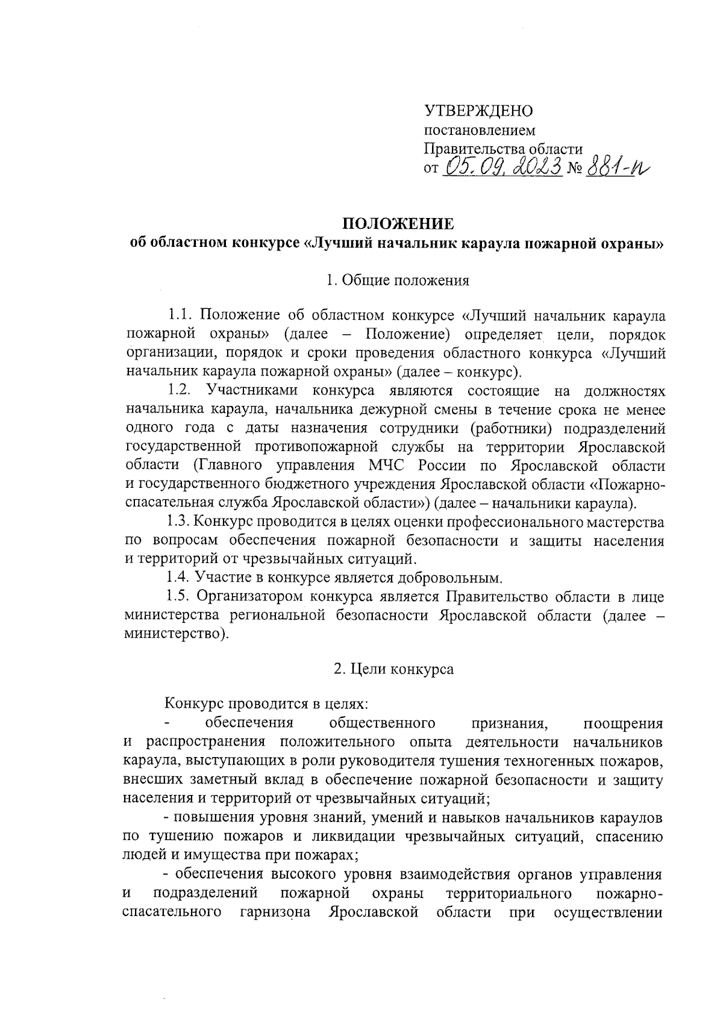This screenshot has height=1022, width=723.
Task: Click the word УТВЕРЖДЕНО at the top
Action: coord(479,111)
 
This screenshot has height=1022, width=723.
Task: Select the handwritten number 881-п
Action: coord(618,166)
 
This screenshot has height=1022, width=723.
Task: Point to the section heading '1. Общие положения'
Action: coord(398,281)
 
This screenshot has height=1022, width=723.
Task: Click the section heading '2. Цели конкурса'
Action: coord(394,669)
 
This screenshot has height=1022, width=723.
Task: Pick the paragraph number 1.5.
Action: coord(180,597)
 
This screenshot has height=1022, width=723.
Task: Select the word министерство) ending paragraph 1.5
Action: coord(177,635)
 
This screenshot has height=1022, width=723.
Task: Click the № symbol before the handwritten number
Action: coord(572,169)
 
